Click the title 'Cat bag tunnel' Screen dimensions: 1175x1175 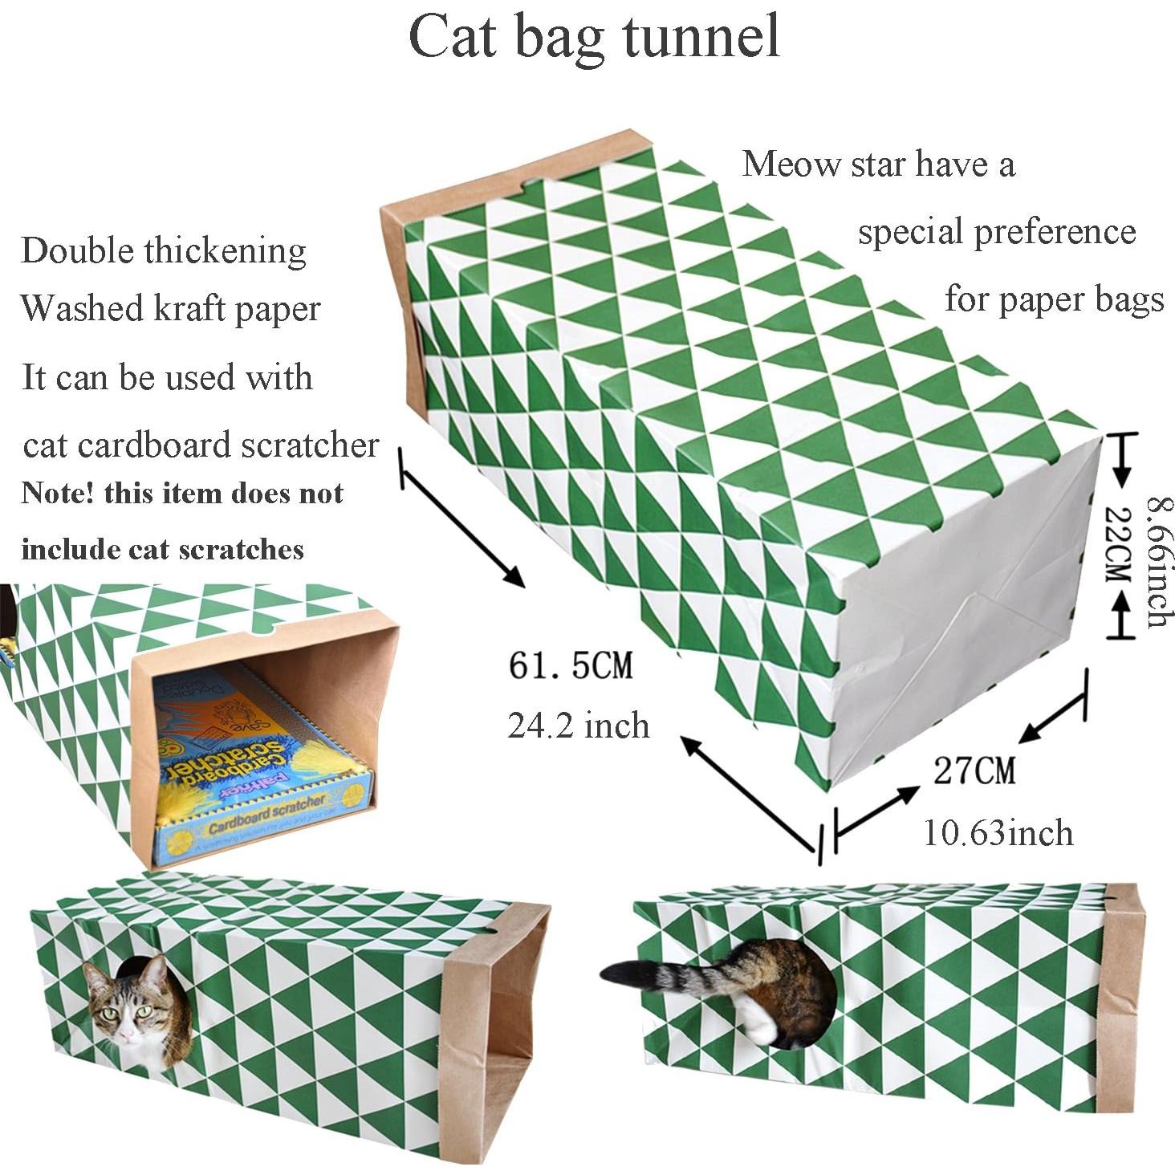[x=594, y=37]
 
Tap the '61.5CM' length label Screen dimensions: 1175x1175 [x=571, y=665]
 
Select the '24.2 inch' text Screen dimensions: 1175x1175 [x=578, y=726]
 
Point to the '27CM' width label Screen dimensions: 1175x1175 [x=974, y=770]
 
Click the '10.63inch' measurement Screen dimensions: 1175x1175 [x=998, y=832]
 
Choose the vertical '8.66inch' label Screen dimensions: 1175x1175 [x=1158, y=562]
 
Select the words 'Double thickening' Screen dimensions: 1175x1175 [x=164, y=251]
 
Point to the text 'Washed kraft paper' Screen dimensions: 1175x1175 [x=170, y=309]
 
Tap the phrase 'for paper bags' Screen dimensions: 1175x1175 [x=1053, y=299]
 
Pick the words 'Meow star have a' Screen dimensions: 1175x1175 [x=878, y=165]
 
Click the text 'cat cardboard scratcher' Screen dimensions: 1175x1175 [x=201, y=445]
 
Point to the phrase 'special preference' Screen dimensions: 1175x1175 [x=996, y=233]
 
